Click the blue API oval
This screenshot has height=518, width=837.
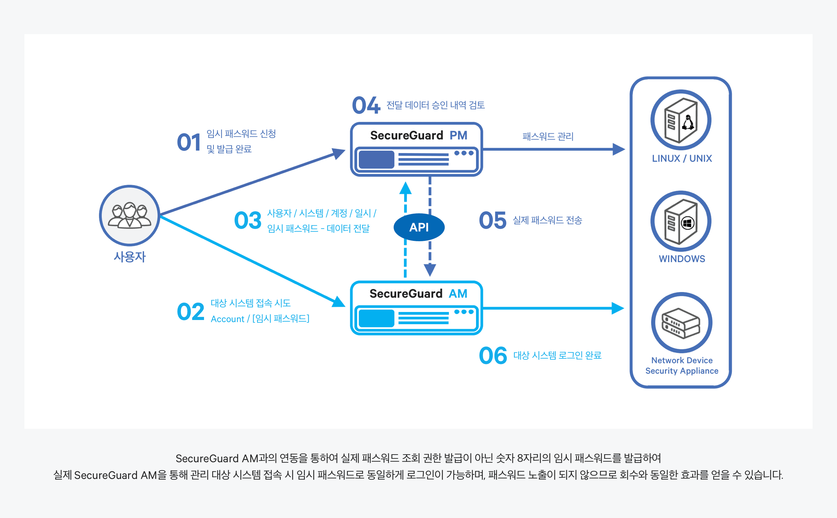click(419, 227)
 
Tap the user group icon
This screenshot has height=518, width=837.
click(129, 215)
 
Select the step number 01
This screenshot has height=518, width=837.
click(189, 142)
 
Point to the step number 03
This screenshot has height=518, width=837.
click(248, 220)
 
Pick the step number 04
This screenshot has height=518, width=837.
click(366, 105)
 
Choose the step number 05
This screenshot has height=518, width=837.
click(492, 220)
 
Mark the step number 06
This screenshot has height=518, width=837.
click(493, 356)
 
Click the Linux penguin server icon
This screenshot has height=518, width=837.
click(681, 120)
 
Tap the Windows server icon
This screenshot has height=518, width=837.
click(681, 221)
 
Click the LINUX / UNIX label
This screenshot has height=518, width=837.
click(682, 159)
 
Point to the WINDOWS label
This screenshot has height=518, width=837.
click(682, 259)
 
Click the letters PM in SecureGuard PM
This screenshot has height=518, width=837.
click(458, 135)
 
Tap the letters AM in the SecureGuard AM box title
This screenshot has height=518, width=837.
click(458, 294)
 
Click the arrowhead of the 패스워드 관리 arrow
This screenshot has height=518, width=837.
click(618, 149)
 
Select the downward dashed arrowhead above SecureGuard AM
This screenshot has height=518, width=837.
click(430, 269)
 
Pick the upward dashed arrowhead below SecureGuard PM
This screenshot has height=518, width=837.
click(405, 189)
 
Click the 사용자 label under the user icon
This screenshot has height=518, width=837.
click(130, 257)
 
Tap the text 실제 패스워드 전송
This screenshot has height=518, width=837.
click(547, 220)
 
